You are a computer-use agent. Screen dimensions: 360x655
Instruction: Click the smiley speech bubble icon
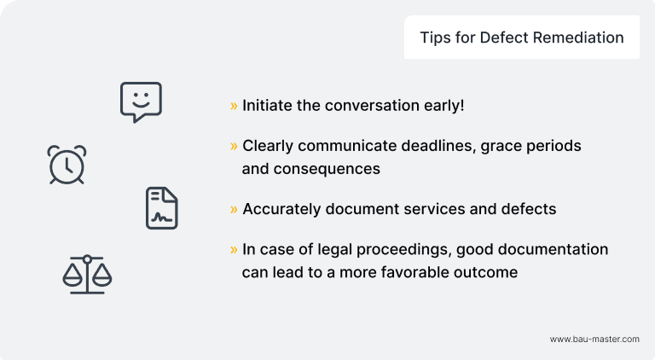point(141,102)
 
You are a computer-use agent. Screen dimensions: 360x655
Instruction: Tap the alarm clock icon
point(67,164)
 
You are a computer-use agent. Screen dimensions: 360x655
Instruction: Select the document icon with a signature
point(162,208)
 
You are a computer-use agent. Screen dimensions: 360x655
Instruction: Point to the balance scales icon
point(87,275)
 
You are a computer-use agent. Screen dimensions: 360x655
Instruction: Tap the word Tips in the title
point(435,38)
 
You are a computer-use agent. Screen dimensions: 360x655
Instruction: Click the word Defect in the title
point(501,38)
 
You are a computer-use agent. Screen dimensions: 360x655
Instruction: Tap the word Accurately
point(281,209)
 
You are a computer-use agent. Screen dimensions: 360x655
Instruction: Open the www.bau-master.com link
point(594,339)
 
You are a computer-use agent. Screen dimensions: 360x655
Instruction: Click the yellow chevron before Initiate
point(234,106)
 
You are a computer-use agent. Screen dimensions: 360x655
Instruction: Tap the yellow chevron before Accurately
point(234,209)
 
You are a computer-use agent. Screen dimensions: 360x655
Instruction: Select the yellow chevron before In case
point(234,249)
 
